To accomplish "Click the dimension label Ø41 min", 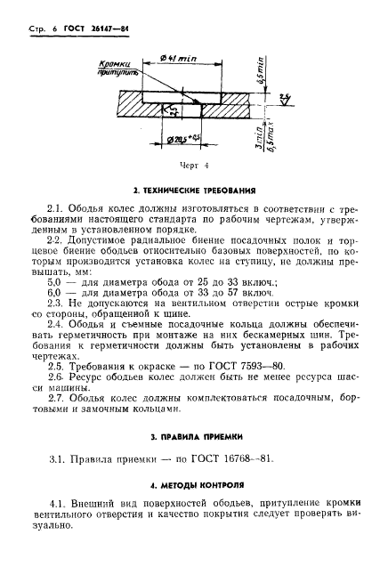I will point(183,59).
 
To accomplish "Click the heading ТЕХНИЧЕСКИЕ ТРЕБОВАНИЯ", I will point(194,191).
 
